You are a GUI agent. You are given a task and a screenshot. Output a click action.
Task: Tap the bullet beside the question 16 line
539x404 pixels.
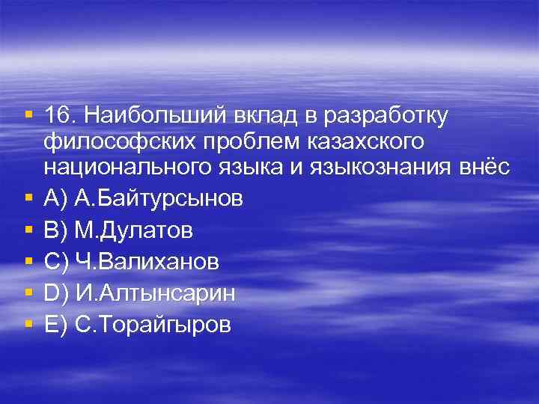coord(28,116)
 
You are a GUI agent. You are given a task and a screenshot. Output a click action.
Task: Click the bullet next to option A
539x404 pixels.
coord(28,199)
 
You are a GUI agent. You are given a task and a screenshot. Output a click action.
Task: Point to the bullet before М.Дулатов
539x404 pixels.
coord(28,230)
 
